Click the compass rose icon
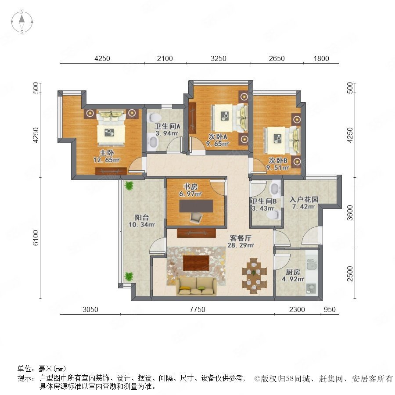point(22,22)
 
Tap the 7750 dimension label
point(197,309)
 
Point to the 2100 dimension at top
point(165,58)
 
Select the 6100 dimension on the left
point(36,237)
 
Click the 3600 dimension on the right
point(350,213)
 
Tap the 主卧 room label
point(107,153)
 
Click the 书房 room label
point(190,187)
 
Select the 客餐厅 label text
point(241,238)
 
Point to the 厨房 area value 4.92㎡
point(293,279)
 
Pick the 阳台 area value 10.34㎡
point(142,224)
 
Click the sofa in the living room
point(196,286)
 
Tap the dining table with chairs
point(254,276)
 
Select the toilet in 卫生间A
point(154,118)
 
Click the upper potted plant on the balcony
point(129,186)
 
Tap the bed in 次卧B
point(282,140)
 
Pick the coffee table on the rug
point(196,263)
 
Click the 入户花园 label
point(304,200)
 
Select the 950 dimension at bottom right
point(330,309)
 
